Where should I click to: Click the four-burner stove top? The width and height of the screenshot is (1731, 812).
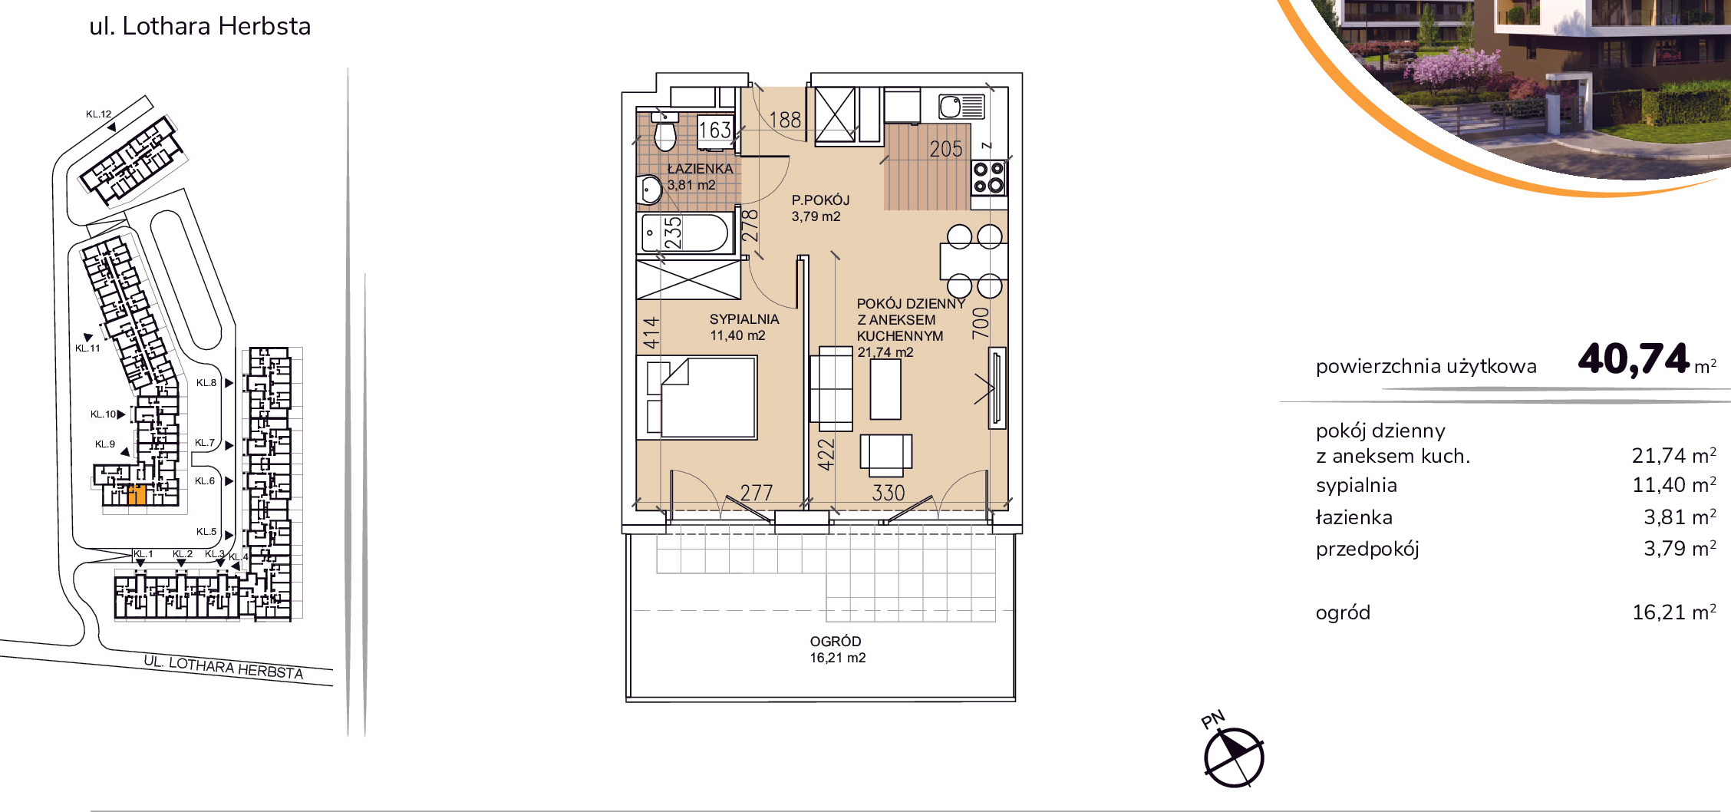[x=988, y=177]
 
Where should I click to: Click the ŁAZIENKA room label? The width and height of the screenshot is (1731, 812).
[x=700, y=169]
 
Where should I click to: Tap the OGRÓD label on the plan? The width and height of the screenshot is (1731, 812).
[x=836, y=641]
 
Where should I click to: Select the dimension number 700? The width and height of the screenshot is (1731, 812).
[x=981, y=322]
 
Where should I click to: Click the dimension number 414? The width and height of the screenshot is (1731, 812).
[x=651, y=332]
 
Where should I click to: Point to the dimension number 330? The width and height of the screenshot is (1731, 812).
[x=889, y=493]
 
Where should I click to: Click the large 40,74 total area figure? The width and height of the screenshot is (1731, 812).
[x=1634, y=358]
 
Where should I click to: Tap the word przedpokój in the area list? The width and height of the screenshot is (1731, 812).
[x=1367, y=549]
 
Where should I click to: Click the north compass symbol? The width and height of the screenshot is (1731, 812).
[x=1233, y=757]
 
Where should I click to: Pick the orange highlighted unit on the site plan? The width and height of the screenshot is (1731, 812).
[x=137, y=495]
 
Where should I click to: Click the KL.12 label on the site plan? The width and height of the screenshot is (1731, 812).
[x=98, y=114]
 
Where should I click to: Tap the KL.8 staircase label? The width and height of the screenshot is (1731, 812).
[x=206, y=382]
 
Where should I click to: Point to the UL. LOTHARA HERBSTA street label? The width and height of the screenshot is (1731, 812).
[x=223, y=667]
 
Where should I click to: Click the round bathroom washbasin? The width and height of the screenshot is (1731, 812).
[x=650, y=189]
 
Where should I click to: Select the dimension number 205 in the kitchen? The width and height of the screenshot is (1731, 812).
[x=945, y=149]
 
